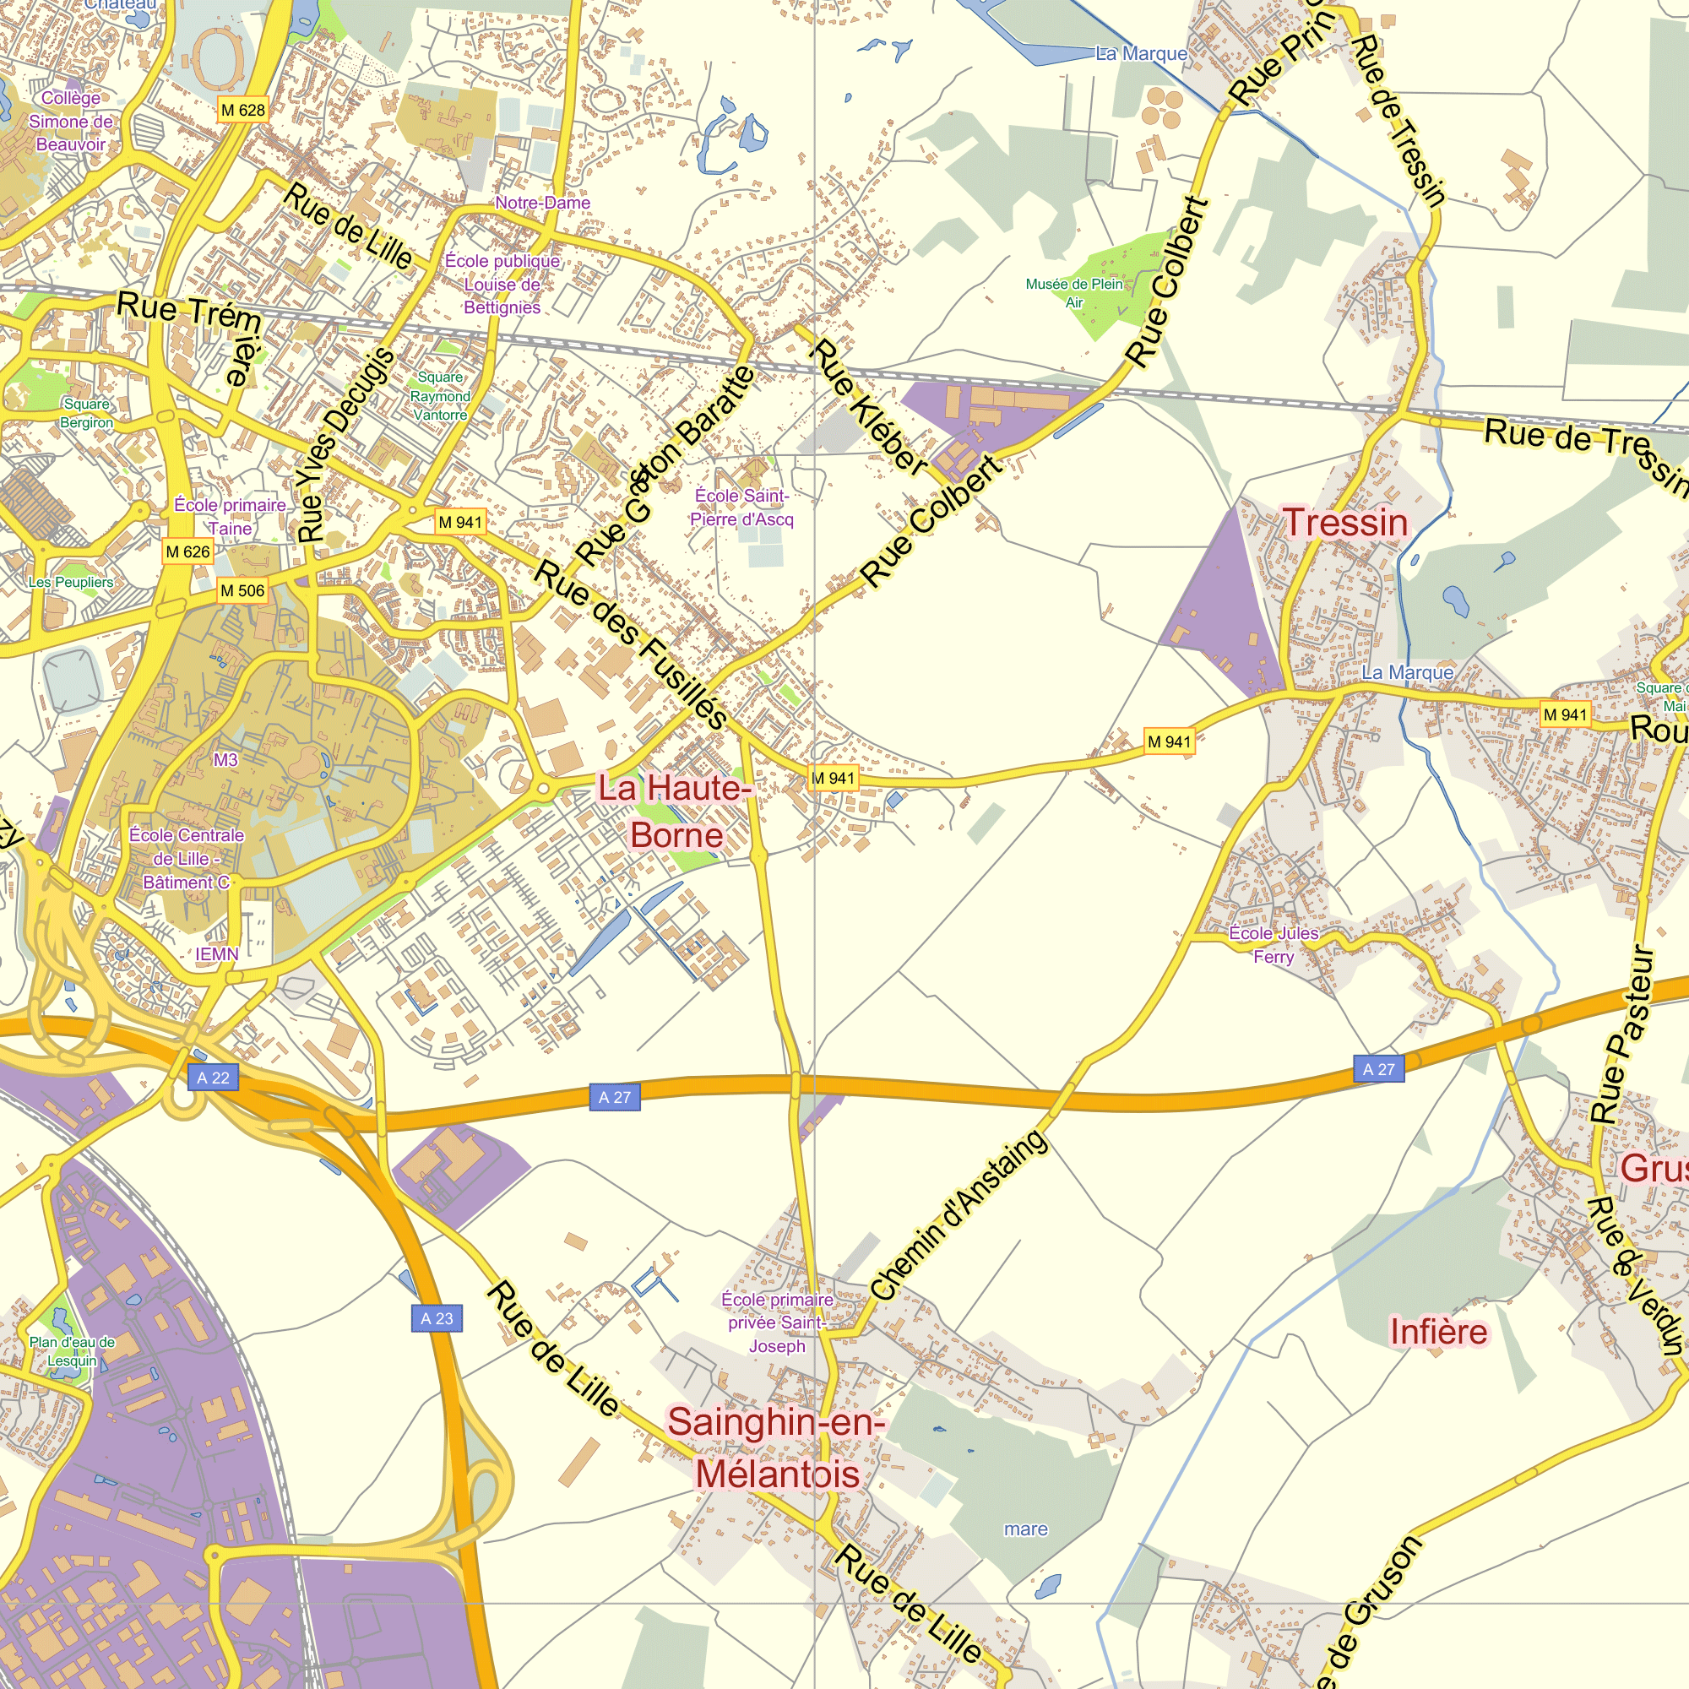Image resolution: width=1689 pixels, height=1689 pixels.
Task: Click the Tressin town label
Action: click(x=1345, y=523)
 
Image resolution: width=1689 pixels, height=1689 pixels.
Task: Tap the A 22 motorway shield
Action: click(x=213, y=1078)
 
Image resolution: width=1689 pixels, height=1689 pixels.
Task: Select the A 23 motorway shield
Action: click(x=437, y=1318)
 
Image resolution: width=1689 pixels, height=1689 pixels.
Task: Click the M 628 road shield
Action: click(x=242, y=110)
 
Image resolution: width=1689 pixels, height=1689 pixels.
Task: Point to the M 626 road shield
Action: click(x=188, y=551)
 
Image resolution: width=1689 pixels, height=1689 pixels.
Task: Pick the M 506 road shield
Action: click(x=242, y=591)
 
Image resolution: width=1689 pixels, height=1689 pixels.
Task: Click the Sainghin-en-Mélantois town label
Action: click(x=777, y=1447)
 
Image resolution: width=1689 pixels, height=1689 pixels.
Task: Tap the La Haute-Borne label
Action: click(x=675, y=812)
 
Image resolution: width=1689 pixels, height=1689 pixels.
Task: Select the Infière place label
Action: click(x=1438, y=1332)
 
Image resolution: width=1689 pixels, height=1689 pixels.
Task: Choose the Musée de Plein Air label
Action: click(x=1074, y=293)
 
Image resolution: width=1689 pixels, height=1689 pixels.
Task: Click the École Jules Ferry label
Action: click(x=1273, y=945)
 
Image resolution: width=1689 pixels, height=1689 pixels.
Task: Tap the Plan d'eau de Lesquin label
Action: click(x=72, y=1350)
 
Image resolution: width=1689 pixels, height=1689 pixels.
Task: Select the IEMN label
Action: click(x=216, y=953)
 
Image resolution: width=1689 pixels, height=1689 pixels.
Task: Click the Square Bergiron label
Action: click(x=86, y=413)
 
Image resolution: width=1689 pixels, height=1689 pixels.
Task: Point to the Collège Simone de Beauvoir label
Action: click(x=71, y=122)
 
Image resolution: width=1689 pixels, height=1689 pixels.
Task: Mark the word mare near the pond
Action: click(x=1025, y=1529)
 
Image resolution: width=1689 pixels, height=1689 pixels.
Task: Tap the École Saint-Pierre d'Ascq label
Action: click(x=741, y=508)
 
